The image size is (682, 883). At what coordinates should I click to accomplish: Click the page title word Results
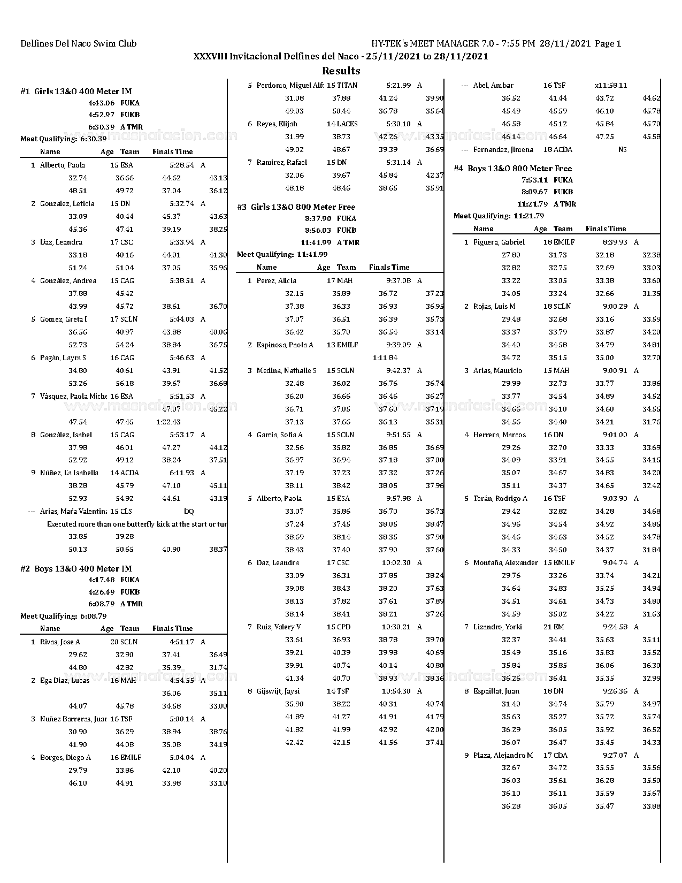(x=341, y=71)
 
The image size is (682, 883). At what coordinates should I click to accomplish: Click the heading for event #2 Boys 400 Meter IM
(x=76, y=568)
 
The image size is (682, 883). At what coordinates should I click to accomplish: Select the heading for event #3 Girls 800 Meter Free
(x=296, y=207)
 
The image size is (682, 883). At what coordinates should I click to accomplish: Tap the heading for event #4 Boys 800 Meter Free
(x=512, y=168)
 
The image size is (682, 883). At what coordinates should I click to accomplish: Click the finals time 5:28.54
(x=182, y=165)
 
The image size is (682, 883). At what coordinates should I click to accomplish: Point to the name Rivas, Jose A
(x=60, y=642)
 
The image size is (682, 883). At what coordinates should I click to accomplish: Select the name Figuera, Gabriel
(x=499, y=242)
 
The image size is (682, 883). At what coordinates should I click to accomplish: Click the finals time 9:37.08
(x=399, y=280)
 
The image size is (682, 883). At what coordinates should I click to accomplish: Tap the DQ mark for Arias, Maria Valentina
(x=189, y=511)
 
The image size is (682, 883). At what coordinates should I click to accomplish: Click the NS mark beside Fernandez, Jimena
(x=622, y=149)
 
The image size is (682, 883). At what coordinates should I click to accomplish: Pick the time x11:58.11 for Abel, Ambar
(x=610, y=85)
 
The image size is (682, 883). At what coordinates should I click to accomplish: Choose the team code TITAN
(x=347, y=85)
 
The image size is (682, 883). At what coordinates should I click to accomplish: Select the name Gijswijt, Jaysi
(x=278, y=691)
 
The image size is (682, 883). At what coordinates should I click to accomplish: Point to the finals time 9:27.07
(x=615, y=755)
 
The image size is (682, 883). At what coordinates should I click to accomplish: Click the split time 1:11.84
(x=385, y=357)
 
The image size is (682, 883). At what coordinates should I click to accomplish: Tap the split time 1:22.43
(x=168, y=422)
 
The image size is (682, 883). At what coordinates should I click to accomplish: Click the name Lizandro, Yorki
(x=497, y=627)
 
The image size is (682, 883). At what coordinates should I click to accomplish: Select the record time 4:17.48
(x=101, y=580)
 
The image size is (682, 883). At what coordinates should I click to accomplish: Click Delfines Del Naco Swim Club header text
(x=78, y=44)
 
